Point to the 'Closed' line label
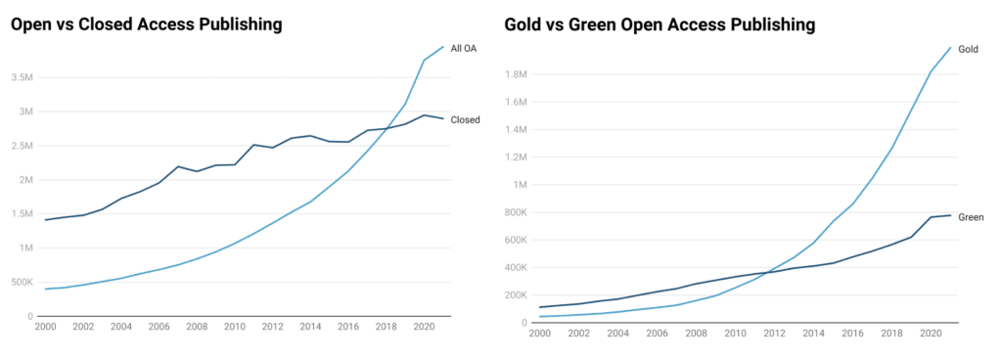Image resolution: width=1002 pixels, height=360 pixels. tap(465, 120)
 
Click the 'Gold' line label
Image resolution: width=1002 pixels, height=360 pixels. tap(968, 49)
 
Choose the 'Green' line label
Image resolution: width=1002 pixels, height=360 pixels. tap(971, 216)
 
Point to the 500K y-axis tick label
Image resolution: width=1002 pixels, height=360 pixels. tap(22, 283)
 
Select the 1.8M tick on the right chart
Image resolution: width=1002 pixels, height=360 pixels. tap(515, 74)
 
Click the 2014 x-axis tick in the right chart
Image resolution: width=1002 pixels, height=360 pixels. tap(811, 333)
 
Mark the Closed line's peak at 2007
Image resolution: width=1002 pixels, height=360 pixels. tap(177, 166)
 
